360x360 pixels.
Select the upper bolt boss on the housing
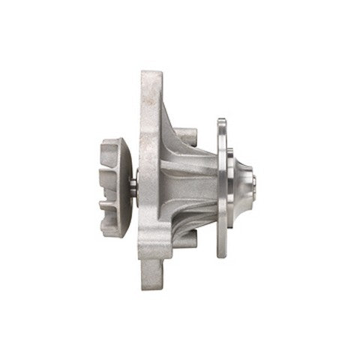click(x=187, y=137)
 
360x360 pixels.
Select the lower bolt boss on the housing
click(x=187, y=238)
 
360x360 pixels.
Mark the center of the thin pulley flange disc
click(x=222, y=187)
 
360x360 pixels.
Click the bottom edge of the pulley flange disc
click(x=222, y=256)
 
